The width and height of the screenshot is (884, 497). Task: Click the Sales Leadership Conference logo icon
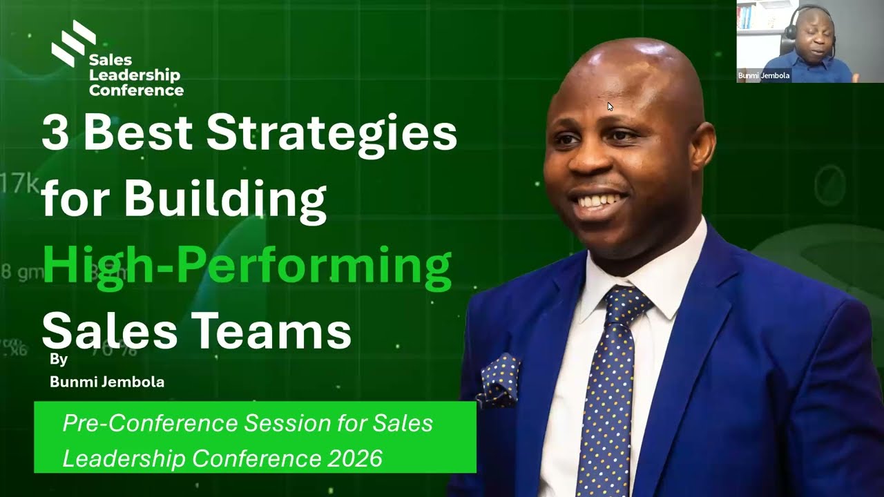pyautogui.click(x=73, y=43)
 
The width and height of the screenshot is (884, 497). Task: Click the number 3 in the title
pyautogui.click(x=55, y=133)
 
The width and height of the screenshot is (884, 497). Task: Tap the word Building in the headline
pyautogui.click(x=224, y=198)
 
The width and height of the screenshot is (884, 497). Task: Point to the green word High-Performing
pyautogui.click(x=247, y=266)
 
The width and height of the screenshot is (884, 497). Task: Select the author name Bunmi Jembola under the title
pyautogui.click(x=107, y=382)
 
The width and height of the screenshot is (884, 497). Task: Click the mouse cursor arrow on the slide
pyautogui.click(x=611, y=106)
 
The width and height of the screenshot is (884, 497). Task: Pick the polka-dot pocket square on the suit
pyautogui.click(x=499, y=379)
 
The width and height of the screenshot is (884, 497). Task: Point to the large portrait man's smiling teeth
pyautogui.click(x=599, y=201)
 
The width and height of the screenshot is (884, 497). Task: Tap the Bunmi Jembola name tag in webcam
pyautogui.click(x=764, y=76)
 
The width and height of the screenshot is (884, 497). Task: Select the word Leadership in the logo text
pyautogui.click(x=134, y=75)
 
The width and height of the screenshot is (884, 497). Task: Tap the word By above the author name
pyautogui.click(x=59, y=360)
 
